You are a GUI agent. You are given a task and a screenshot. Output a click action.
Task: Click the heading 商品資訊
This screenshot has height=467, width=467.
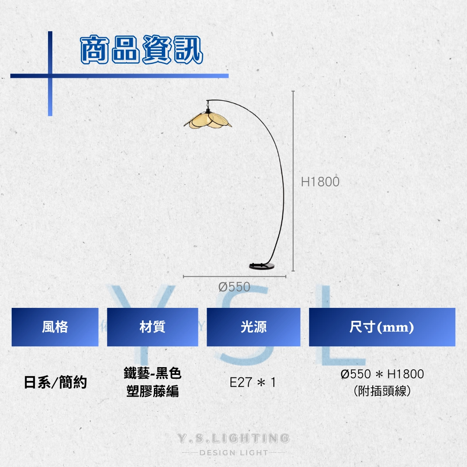pos(142,49)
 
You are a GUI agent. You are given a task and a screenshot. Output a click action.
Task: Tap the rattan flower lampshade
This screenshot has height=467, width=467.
pos(208,120)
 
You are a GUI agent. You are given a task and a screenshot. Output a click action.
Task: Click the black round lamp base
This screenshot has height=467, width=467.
pos(262,266)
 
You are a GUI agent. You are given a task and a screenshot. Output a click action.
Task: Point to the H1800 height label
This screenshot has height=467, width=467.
pos(320,182)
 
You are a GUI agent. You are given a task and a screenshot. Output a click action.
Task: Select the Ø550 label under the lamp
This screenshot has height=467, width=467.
pos(234,287)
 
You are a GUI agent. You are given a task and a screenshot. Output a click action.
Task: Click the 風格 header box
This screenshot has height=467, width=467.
pos(55,327)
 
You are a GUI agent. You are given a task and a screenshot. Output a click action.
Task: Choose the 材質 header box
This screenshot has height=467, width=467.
pos(153,327)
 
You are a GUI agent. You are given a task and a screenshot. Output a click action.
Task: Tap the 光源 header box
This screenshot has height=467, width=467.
pos(253,327)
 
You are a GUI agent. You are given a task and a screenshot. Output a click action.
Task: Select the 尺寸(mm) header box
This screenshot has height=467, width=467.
pos(382,327)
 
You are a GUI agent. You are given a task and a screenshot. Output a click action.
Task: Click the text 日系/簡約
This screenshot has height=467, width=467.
pos(55,382)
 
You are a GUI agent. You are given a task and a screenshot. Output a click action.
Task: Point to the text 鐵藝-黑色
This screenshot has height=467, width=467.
pos(153,373)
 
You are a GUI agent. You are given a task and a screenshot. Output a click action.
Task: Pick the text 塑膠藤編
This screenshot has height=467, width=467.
pos(153,391)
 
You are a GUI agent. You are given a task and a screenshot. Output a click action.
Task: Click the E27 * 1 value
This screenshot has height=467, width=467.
pos(253,382)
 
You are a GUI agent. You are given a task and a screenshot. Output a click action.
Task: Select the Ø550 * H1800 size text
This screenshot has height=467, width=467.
pos(382,374)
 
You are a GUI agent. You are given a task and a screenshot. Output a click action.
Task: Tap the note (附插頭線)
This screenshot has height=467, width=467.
pos(382,391)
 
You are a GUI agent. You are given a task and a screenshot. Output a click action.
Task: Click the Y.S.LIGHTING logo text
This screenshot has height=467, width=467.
pos(233,438)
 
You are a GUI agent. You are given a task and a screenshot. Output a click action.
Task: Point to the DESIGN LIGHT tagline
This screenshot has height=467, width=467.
pos(234,453)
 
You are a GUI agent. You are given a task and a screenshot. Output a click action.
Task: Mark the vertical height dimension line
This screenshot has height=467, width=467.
pos(293,181)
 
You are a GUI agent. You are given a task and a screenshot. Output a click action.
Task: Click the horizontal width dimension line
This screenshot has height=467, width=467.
pos(234,277)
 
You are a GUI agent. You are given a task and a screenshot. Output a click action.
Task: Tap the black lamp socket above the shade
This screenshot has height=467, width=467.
pos(208,111)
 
